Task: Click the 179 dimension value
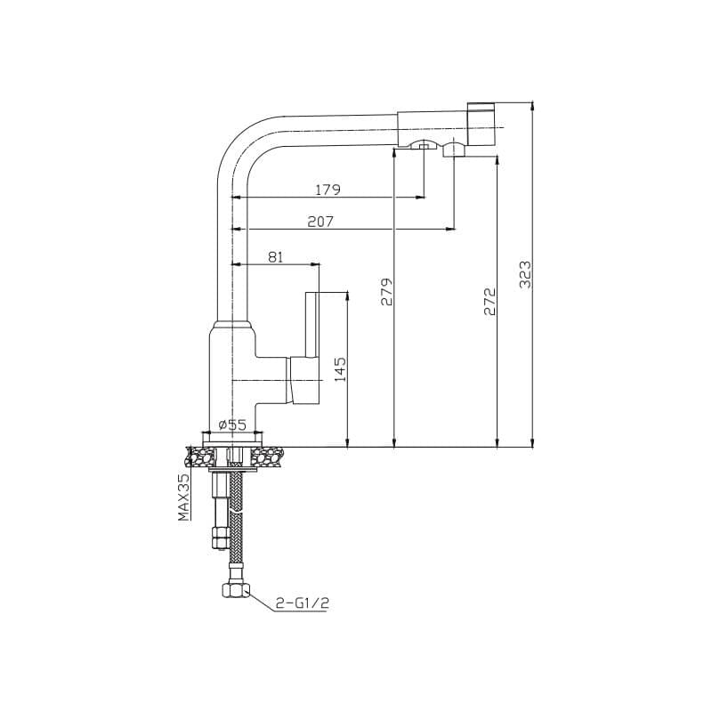click(x=328, y=190)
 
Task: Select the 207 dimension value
click(x=320, y=222)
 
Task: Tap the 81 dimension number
click(x=275, y=257)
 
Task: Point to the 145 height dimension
click(x=340, y=369)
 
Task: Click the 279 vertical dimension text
click(x=387, y=292)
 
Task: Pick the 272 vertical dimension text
click(x=490, y=301)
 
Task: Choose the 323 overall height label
click(x=525, y=274)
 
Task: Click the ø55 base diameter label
click(x=232, y=425)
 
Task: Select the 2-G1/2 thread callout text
click(x=303, y=603)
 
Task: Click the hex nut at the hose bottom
click(x=236, y=590)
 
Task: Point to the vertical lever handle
click(x=312, y=324)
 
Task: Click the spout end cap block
click(x=481, y=124)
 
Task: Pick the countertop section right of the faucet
click(x=268, y=457)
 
